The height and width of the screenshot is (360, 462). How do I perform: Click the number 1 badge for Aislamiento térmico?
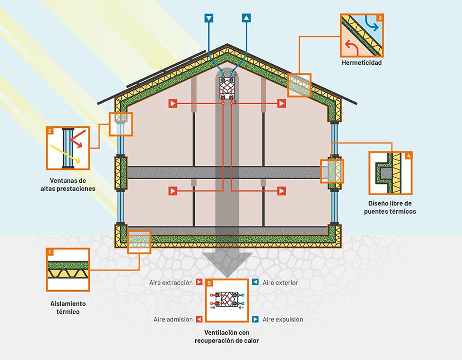50,252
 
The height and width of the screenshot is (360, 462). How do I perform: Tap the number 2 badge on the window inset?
50,131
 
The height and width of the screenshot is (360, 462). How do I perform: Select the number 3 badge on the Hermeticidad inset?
379,17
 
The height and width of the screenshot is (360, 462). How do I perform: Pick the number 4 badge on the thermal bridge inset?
408,155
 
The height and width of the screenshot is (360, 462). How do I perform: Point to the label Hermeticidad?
362,63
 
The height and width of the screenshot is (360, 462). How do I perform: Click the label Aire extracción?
171,283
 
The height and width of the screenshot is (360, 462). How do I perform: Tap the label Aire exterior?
280,283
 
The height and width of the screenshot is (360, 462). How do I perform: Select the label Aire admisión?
173,319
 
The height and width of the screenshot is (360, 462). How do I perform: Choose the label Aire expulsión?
283,319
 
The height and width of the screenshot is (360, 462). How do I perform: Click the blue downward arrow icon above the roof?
209,18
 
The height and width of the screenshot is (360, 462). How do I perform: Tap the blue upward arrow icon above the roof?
247,18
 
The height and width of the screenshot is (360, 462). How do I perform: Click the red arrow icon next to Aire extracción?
199,283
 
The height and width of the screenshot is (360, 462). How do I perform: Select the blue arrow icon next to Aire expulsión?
255,319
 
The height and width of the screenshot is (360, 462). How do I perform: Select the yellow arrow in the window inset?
65,155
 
